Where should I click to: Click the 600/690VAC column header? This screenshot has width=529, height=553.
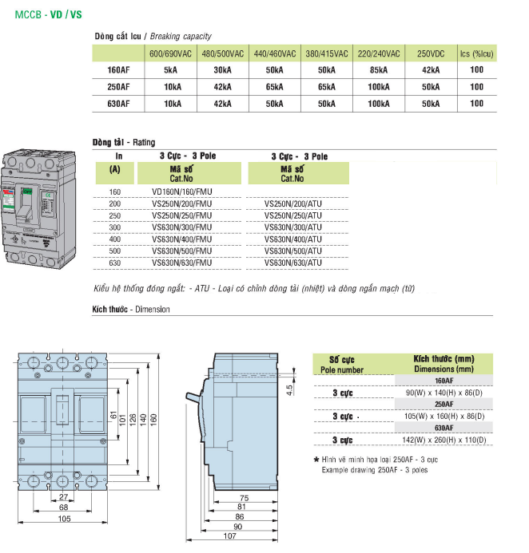pyautogui.click(x=170, y=53)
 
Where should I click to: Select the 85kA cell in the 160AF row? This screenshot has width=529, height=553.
pyautogui.click(x=379, y=70)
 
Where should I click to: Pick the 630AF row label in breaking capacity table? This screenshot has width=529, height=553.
pyautogui.click(x=118, y=103)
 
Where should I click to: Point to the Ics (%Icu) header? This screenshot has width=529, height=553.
pyautogui.click(x=476, y=53)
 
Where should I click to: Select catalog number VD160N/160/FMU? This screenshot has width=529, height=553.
pyautogui.click(x=181, y=192)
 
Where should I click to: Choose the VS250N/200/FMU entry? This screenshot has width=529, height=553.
pyautogui.click(x=181, y=203)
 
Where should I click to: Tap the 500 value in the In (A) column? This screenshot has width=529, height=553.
pyautogui.click(x=115, y=251)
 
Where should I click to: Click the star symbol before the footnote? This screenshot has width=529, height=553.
pyautogui.click(x=316, y=460)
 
